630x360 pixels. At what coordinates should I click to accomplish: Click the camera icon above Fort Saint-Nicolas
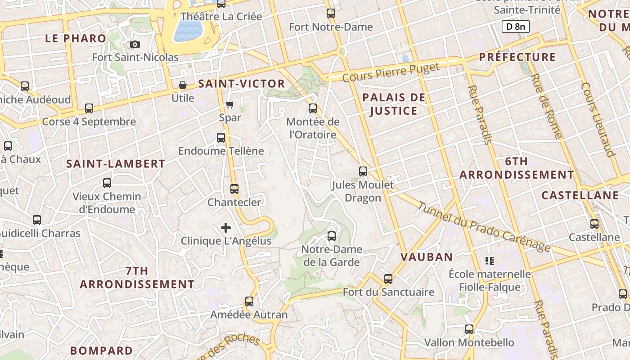tap(135, 44)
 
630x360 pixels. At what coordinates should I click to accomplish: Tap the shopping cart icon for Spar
tap(230, 104)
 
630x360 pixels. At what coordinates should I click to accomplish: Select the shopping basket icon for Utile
tap(183, 85)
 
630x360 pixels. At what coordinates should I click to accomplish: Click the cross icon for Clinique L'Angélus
tap(226, 228)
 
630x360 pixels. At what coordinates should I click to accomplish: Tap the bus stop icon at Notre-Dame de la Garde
tap(332, 236)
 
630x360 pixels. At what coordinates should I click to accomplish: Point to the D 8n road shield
tap(515, 27)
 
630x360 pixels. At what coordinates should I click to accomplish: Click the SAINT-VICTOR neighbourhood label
tap(242, 84)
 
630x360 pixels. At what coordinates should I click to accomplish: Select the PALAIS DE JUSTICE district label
tap(394, 104)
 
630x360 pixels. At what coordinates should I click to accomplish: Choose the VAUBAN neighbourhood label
tap(427, 257)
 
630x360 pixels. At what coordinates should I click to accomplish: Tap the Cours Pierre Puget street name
tap(391, 73)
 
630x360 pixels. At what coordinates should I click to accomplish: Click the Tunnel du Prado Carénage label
tap(484, 227)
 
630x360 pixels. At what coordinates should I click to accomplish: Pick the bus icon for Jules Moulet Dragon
tap(363, 171)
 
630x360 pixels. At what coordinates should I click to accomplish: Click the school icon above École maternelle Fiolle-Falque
tap(490, 261)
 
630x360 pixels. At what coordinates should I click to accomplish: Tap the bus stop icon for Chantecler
tap(234, 189)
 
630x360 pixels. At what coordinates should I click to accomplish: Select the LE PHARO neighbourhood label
tap(76, 38)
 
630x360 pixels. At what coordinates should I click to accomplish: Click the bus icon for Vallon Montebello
tap(469, 329)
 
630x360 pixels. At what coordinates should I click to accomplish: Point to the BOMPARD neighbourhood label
tap(102, 350)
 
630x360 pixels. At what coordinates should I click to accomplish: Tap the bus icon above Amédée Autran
tap(249, 301)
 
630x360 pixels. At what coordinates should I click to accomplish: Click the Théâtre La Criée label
tap(221, 17)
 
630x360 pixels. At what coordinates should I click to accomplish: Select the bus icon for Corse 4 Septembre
tap(89, 108)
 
